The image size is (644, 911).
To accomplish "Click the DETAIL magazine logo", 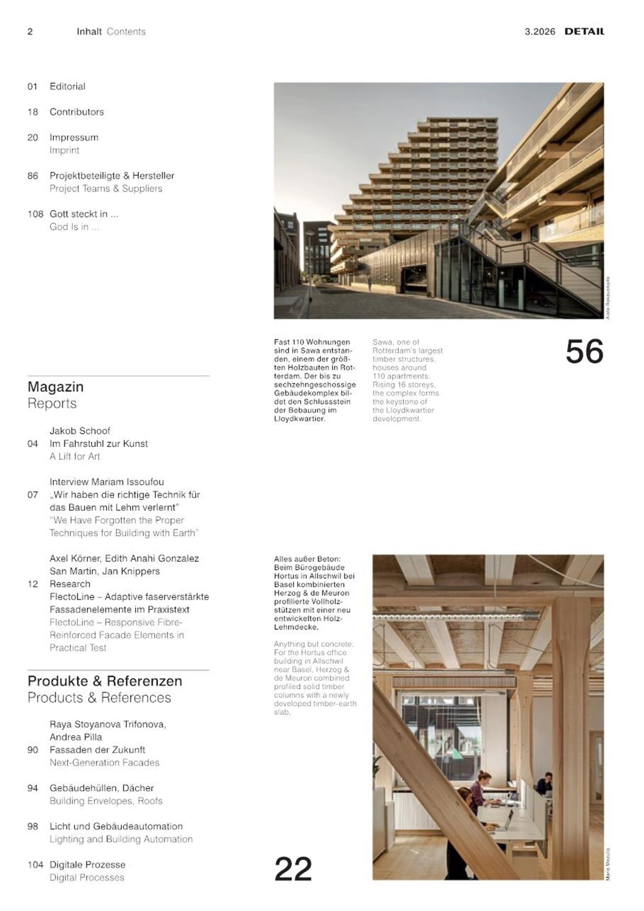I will pyautogui.click(x=584, y=31).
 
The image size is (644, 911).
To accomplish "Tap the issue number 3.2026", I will pyautogui.click(x=540, y=32).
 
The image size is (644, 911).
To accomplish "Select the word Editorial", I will pyautogui.click(x=67, y=86).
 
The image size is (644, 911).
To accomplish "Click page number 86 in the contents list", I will pyautogui.click(x=33, y=176).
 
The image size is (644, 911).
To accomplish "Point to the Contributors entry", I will pyautogui.click(x=76, y=112).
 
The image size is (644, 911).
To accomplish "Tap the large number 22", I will pyautogui.click(x=293, y=869).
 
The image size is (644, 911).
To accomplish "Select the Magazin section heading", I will pyautogui.click(x=56, y=387).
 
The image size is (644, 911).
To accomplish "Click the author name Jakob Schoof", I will pyautogui.click(x=80, y=431).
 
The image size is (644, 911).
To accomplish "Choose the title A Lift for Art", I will pyautogui.click(x=74, y=456).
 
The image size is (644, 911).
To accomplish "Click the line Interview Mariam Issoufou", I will pyautogui.click(x=107, y=482).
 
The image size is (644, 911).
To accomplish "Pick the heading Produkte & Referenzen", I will pyautogui.click(x=105, y=681).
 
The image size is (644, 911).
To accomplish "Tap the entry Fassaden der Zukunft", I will pyautogui.click(x=97, y=750).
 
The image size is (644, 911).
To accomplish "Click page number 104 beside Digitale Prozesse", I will pyautogui.click(x=35, y=864).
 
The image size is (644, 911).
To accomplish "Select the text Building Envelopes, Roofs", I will pyautogui.click(x=106, y=801).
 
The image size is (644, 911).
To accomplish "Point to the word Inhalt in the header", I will pyautogui.click(x=89, y=32).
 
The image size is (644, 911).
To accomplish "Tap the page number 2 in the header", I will pyautogui.click(x=30, y=32).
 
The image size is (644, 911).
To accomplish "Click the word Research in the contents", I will pyautogui.click(x=70, y=584).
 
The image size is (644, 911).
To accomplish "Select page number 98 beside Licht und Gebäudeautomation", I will pyautogui.click(x=33, y=826).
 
